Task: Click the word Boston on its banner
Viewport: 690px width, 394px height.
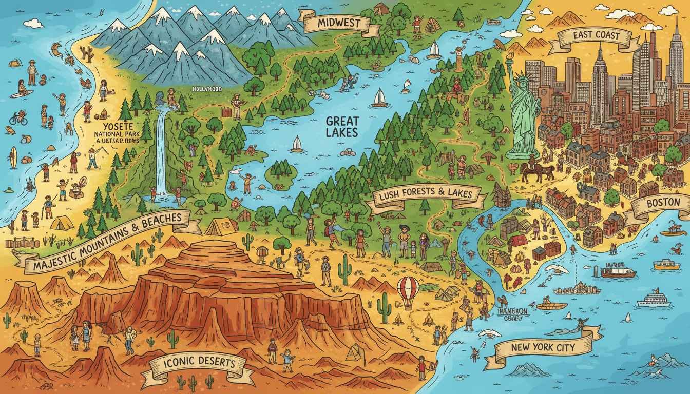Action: click(663, 203)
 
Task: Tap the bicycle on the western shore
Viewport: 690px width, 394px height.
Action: click(18, 119)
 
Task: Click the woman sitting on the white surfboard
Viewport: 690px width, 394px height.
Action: click(21, 88)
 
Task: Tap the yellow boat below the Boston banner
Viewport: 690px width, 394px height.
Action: click(666, 264)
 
